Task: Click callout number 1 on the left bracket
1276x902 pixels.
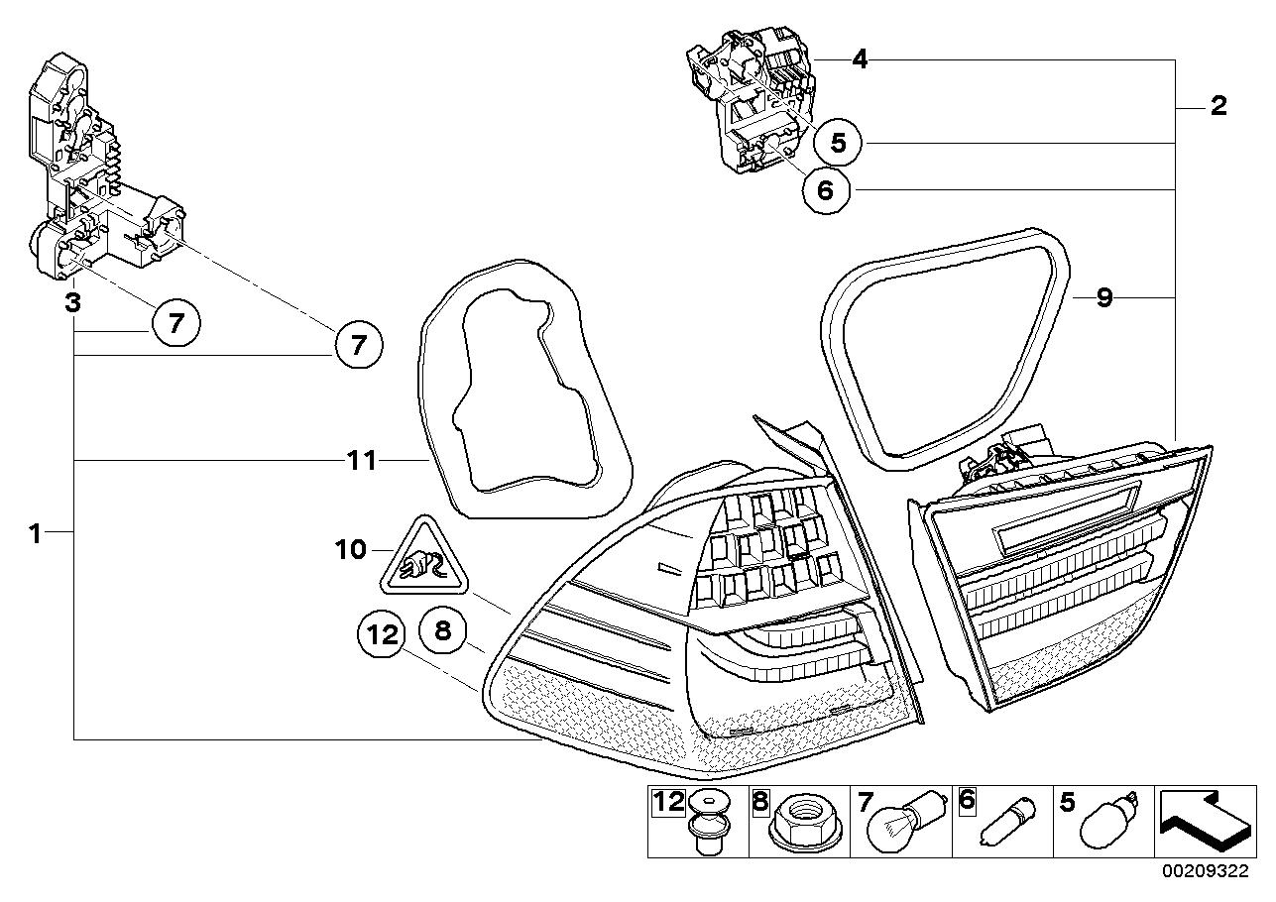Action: click(x=35, y=533)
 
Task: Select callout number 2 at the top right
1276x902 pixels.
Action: click(x=1218, y=106)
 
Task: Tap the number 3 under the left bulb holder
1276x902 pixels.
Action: click(x=72, y=301)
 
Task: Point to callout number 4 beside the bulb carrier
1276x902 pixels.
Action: click(x=860, y=60)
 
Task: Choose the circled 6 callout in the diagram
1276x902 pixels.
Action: click(x=826, y=188)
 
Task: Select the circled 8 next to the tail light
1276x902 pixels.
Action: click(x=442, y=628)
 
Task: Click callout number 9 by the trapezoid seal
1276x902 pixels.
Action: click(x=1104, y=297)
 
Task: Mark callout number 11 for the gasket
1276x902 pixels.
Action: click(x=361, y=460)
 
